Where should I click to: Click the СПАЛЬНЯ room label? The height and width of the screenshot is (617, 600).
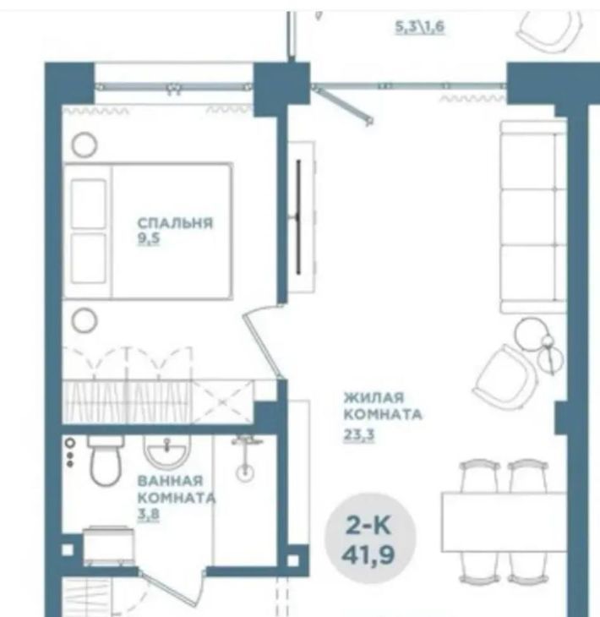pos(175,223)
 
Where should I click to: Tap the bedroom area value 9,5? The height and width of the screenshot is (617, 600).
pos(149,238)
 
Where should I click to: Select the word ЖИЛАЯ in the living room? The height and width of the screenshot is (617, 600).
pos(374,397)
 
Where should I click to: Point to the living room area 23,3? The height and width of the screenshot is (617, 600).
pos(359,434)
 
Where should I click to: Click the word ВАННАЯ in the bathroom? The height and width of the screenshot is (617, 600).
pos(170,480)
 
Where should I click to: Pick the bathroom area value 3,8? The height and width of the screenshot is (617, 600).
pos(149,514)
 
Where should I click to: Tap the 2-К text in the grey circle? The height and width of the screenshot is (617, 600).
pos(368,525)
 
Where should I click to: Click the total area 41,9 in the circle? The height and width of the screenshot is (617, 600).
pos(368,554)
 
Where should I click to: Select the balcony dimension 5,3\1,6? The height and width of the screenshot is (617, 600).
pos(420,27)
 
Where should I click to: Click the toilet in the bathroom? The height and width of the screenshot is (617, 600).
pos(106,460)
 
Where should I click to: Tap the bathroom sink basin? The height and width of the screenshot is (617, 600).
pos(166,451)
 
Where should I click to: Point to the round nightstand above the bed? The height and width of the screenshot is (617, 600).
pos(85,145)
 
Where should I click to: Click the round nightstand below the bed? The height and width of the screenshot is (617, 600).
pos(85,320)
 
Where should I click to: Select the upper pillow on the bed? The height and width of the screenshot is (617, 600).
pos(89,204)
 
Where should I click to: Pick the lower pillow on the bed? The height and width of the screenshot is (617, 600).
pos(89,258)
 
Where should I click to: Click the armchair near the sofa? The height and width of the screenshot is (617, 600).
pos(505,377)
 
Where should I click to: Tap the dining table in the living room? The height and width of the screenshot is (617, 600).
pos(504,521)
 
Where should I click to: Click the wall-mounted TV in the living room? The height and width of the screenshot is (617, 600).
pos(298,217)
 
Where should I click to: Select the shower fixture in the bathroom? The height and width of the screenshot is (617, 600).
pos(246,458)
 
